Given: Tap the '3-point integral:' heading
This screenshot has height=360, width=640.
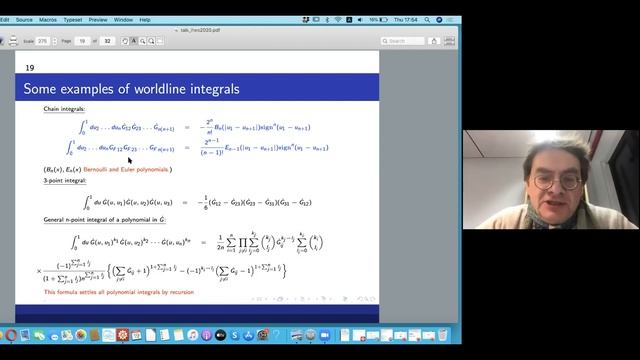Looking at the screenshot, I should pos(62,182).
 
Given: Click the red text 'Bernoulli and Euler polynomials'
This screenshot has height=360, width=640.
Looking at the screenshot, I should pos(127,170).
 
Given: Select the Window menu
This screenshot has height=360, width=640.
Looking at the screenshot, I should pos(123,19).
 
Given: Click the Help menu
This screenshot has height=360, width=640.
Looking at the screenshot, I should pos(145,19).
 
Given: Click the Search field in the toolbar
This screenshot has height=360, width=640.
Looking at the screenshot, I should pos(406,41).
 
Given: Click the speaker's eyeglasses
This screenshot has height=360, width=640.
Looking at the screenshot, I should pos(556,183).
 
